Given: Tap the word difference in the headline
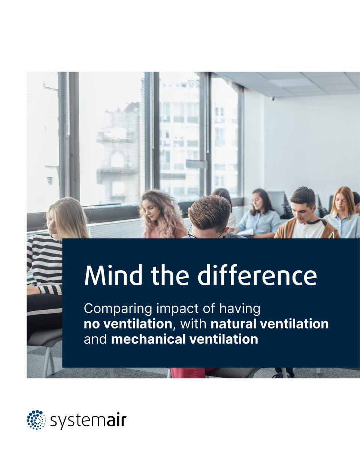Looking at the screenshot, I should click(x=257, y=276).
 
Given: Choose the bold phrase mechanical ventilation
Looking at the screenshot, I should click(x=185, y=339).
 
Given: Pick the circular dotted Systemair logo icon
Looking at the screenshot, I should click(x=36, y=420).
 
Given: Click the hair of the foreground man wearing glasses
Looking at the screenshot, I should click(x=209, y=212).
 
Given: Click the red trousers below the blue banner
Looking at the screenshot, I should click(x=187, y=373).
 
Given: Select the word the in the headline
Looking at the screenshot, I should click(x=172, y=276).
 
